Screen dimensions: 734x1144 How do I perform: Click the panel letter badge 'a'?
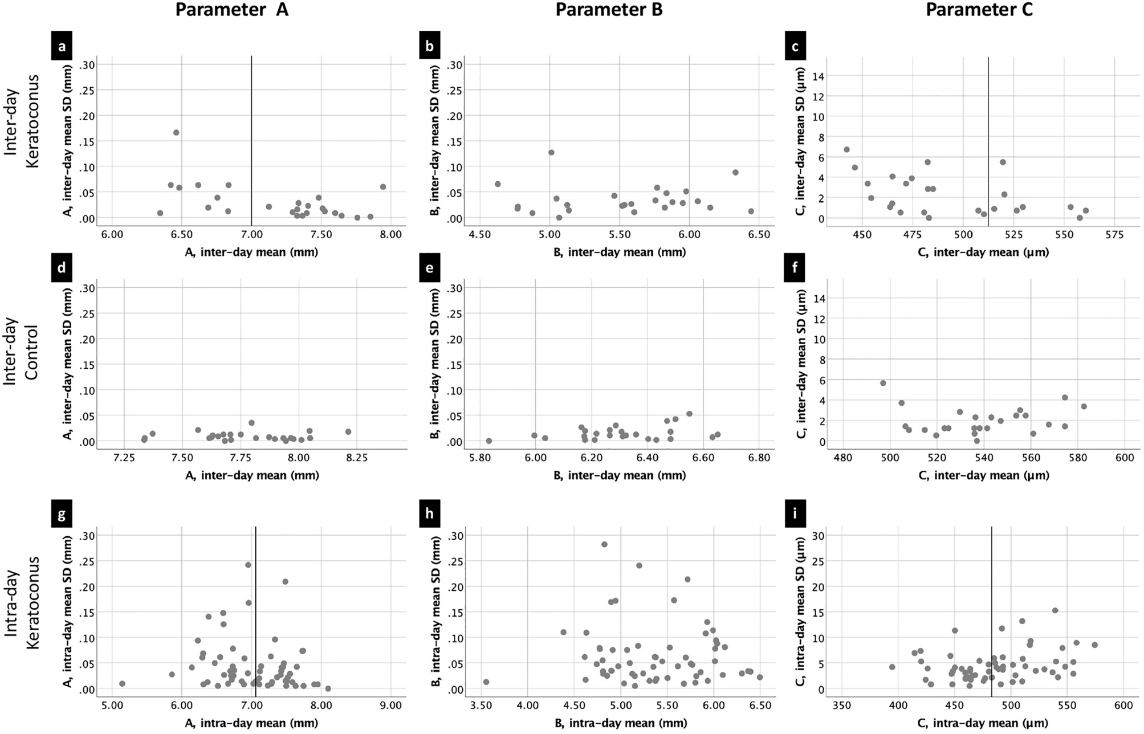62,47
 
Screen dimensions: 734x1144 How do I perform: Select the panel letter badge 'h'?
429,514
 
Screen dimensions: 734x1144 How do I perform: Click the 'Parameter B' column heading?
609,10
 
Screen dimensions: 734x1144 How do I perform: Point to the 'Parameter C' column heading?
979,10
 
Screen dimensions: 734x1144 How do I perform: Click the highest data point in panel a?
176,132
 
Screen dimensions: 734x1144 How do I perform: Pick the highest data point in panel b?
551,152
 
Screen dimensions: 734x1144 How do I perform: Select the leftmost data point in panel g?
122,683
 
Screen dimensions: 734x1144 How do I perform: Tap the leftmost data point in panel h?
486,682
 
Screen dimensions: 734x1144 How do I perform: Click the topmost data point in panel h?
604,544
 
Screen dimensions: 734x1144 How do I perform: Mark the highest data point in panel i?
1055,610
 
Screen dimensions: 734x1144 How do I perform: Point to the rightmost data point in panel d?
348,431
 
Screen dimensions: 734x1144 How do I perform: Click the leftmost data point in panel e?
488,441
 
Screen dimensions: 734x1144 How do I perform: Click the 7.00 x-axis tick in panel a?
251,234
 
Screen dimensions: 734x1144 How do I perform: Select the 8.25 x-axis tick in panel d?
356,458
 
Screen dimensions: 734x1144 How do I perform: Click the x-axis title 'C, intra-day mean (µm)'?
983,723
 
